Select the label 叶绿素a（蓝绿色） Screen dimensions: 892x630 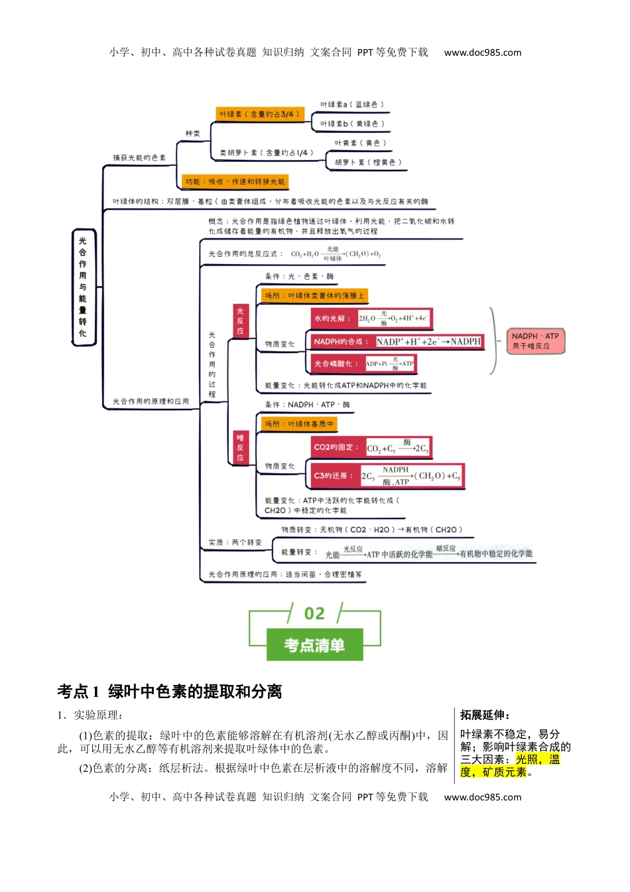pyautogui.click(x=351, y=104)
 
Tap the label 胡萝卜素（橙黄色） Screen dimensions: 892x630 pyautogui.click(x=367, y=162)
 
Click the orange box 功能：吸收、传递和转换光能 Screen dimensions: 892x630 pyautogui.click(x=235, y=181)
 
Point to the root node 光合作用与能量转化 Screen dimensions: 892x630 pyautogui.click(x=83, y=287)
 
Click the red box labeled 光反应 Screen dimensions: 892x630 pyautogui.click(x=240, y=321)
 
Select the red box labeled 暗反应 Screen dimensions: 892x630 pyautogui.click(x=240, y=447)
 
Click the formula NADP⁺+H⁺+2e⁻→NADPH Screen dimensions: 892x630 pyautogui.click(x=428, y=342)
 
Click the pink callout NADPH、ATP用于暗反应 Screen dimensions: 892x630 pyautogui.click(x=535, y=341)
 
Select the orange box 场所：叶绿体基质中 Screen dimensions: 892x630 pyautogui.click(x=299, y=423)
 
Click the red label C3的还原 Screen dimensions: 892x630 pyautogui.click(x=334, y=476)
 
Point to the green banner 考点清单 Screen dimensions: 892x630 pyautogui.click(x=314, y=644)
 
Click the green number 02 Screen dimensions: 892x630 pyautogui.click(x=314, y=614)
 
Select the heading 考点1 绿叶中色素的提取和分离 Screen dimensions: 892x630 pyautogui.click(x=170, y=692)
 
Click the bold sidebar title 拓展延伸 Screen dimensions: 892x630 pyautogui.click(x=485, y=715)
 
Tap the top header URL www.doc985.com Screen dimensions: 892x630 pyautogui.click(x=482, y=52)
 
